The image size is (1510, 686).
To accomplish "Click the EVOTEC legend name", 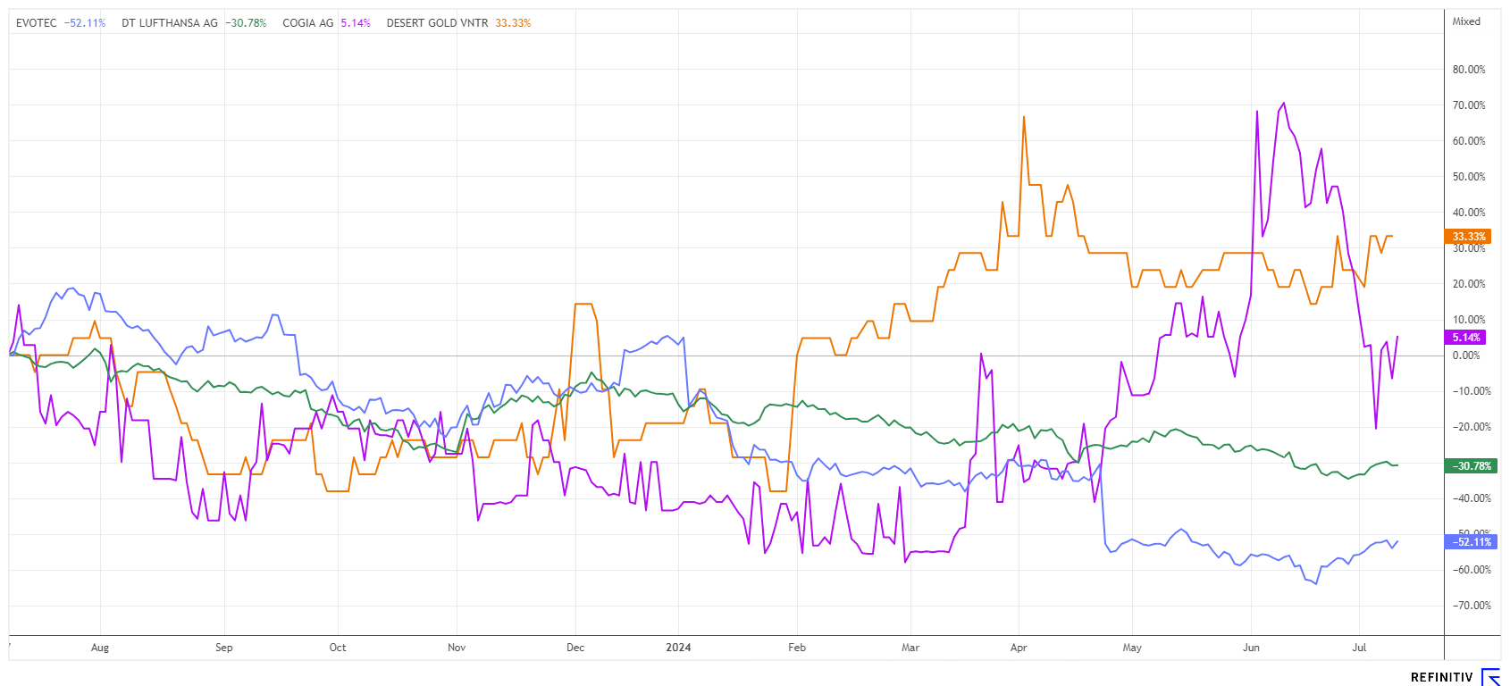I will [x=36, y=23].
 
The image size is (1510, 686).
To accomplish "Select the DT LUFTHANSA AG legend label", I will [x=170, y=23].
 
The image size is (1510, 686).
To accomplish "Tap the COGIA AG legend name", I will [x=308, y=23].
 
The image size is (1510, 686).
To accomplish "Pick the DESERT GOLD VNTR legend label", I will [x=437, y=23].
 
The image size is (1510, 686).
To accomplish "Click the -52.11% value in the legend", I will [x=85, y=23].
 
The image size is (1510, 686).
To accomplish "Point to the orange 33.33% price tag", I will [x=1468, y=237].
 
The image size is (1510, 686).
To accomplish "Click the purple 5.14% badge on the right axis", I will [x=1466, y=338].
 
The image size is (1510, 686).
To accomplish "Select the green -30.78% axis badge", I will [x=1471, y=466].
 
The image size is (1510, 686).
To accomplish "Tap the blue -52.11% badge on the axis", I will [x=1471, y=542].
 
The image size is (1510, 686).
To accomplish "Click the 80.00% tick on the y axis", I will [x=1469, y=70].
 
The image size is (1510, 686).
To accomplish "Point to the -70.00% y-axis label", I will [x=1469, y=606].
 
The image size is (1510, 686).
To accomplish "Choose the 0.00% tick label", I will [x=1466, y=356].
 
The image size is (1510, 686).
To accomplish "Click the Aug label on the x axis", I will [x=100, y=648].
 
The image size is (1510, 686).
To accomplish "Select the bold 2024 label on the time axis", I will [x=678, y=648].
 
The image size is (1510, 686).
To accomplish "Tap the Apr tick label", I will [x=1019, y=648].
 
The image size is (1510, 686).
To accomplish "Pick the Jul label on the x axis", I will [x=1359, y=648].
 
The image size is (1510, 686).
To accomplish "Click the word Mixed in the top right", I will [x=1466, y=21].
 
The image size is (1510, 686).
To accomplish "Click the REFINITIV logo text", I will [x=1441, y=677].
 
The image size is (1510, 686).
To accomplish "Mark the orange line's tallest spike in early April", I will [x=1024, y=117].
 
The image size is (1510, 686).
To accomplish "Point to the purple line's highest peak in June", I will [x=1284, y=103].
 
